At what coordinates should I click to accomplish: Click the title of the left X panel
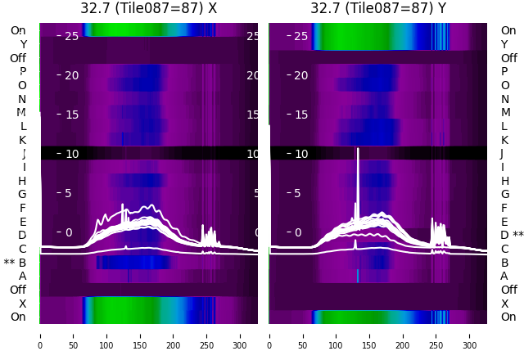point(148,8)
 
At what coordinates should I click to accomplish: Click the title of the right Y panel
point(378,8)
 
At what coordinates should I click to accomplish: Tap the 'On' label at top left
point(18,30)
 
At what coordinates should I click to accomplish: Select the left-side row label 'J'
point(24,153)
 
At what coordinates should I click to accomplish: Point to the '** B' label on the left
point(16,263)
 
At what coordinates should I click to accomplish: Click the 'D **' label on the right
point(512,235)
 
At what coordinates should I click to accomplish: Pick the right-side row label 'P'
point(504,71)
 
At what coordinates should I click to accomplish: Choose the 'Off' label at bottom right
point(508,290)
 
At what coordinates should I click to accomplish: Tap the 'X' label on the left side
point(23,304)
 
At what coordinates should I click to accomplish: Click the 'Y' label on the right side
point(504,44)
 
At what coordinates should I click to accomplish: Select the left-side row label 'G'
point(22,194)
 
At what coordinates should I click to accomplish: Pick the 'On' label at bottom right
point(508,317)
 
